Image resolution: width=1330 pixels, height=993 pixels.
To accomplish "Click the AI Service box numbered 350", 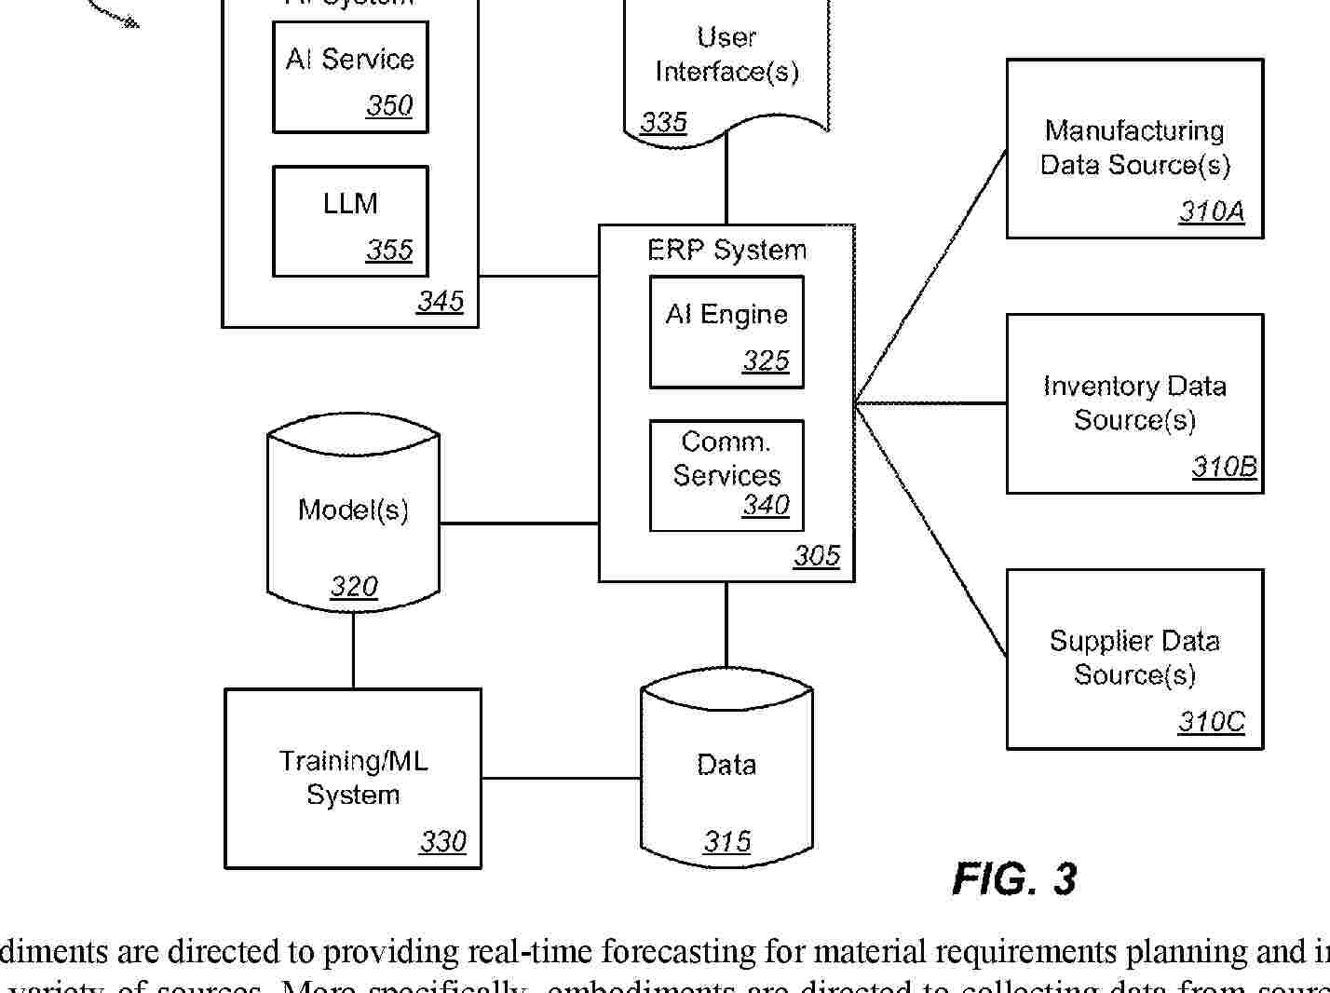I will point(350,77).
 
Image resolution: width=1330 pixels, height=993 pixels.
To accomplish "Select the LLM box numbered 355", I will point(350,222).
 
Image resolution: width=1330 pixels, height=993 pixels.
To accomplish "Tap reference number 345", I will point(440,301).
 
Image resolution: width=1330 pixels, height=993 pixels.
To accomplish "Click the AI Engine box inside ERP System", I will point(726,332).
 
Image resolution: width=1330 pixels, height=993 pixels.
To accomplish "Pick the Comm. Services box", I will point(726,475).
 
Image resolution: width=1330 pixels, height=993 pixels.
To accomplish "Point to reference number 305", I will point(817,556).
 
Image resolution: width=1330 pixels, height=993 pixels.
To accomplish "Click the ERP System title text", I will point(726,250).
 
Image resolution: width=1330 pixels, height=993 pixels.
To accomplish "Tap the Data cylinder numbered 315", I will point(726,773).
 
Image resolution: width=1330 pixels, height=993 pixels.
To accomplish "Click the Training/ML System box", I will point(353,779).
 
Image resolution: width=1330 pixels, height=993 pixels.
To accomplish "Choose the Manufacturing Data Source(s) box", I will point(1134,149).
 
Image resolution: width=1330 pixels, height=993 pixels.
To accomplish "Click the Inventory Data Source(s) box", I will point(1134,403).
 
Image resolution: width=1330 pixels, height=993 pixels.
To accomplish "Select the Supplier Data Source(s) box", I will point(1134,659).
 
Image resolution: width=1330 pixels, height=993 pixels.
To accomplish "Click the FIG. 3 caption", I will point(1014,879).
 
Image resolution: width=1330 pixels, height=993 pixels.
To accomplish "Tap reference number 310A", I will point(1212,211).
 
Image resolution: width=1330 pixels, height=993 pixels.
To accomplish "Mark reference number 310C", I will point(1211,722).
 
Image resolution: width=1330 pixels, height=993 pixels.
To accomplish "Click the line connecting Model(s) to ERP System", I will point(518,524).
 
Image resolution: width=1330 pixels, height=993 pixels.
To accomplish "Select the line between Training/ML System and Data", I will point(561,778).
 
